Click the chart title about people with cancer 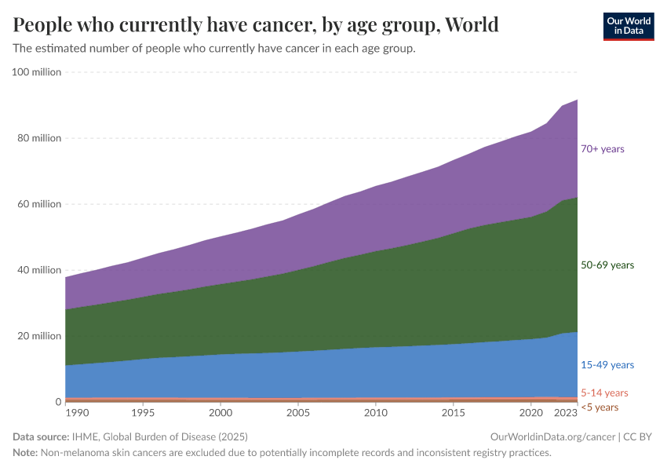(x=256, y=25)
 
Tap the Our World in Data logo (x=628, y=25)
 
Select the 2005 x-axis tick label (x=298, y=412)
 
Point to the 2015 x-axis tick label (x=453, y=412)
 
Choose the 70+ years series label (x=603, y=149)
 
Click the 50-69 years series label (x=607, y=265)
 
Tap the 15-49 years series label (x=607, y=365)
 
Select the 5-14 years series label (x=604, y=392)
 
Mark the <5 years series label (x=600, y=407)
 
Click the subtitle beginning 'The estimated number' (x=214, y=49)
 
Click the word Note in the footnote (x=26, y=453)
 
